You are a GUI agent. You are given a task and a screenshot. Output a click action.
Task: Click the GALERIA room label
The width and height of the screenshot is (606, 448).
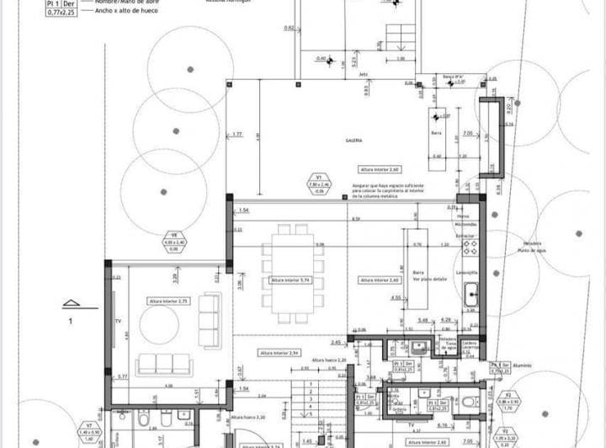[353, 141]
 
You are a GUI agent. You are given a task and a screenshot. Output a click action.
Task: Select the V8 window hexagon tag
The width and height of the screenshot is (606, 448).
[175, 242]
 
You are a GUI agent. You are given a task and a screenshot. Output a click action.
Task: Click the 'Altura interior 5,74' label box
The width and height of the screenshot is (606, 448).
[290, 280]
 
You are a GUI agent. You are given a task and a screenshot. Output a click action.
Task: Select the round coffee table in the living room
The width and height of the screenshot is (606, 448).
[159, 324]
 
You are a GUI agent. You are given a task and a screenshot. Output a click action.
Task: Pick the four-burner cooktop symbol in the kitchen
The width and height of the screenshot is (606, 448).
[471, 248]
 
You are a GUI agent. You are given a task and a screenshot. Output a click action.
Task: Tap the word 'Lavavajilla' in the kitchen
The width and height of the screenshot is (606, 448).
[467, 273]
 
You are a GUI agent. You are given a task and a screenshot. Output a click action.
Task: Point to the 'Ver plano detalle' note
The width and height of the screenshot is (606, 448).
[428, 279]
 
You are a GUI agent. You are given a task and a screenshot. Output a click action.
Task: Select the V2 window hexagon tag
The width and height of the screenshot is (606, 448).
[508, 399]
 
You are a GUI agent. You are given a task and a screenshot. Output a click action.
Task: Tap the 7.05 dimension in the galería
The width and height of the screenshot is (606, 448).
[467, 133]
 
